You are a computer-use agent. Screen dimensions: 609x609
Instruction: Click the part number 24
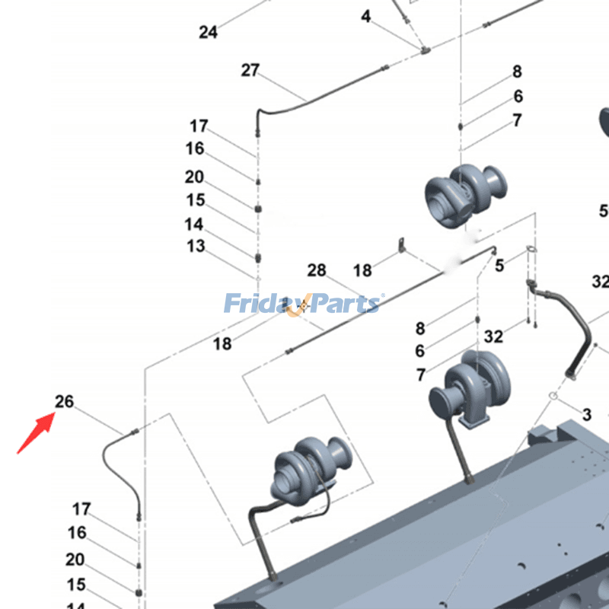[x=208, y=32]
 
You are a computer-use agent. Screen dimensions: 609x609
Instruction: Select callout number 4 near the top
[x=366, y=16]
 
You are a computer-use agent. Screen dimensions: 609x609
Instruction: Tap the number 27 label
[x=250, y=70]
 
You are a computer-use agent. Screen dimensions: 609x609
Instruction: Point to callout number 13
[x=196, y=246]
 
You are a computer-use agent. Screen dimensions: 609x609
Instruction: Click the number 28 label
[x=317, y=270]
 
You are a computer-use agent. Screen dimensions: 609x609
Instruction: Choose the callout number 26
[x=64, y=400]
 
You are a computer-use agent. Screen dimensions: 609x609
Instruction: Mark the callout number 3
[x=586, y=415]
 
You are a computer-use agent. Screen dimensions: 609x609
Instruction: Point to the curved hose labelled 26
[x=114, y=468]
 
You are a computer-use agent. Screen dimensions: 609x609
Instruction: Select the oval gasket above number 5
[x=532, y=249]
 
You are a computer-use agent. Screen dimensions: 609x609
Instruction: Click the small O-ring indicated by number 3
[x=554, y=396]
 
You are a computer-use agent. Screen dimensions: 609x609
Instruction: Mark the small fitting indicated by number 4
[x=424, y=50]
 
